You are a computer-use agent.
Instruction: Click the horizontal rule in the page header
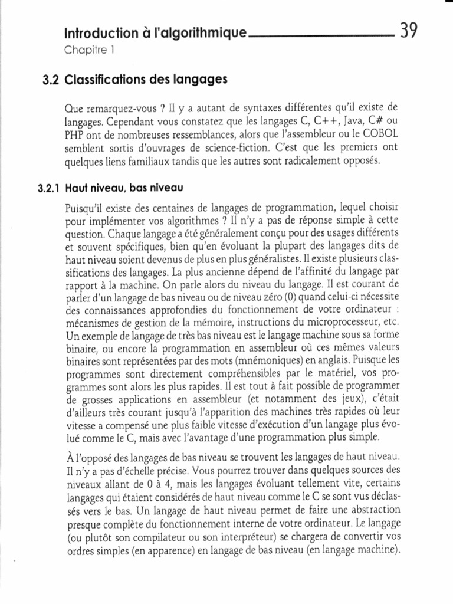coord(321,37)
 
